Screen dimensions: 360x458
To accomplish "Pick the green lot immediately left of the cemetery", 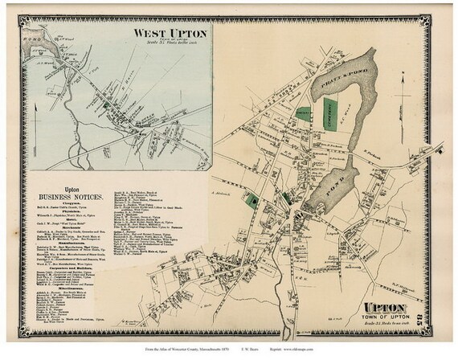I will (304, 117).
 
